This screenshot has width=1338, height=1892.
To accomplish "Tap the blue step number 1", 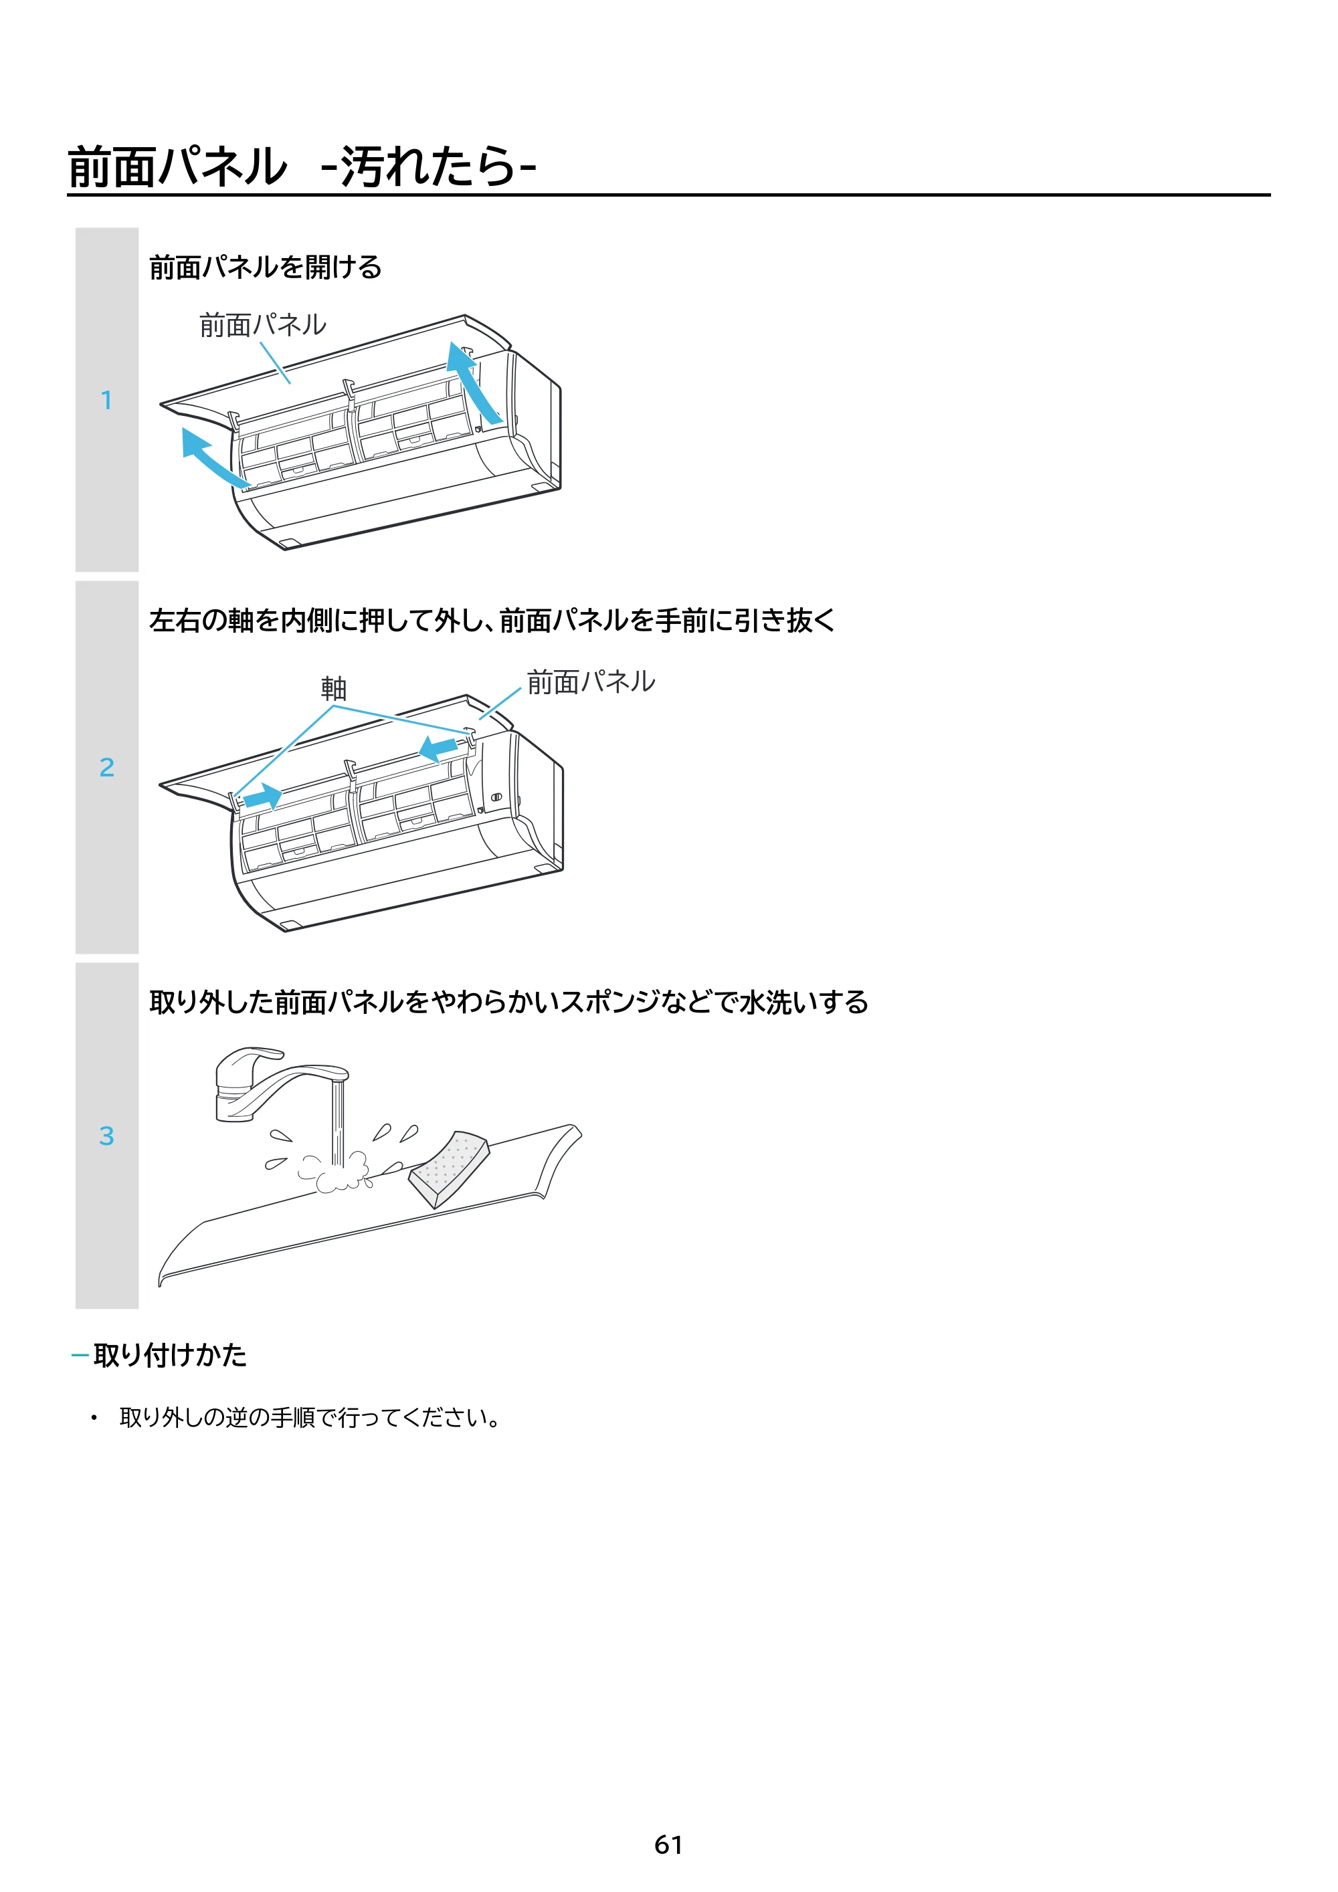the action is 106,401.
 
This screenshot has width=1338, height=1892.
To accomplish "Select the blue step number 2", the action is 106,767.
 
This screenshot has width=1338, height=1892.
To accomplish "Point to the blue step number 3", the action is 106,1136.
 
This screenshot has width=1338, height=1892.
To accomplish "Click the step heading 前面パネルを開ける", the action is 266,267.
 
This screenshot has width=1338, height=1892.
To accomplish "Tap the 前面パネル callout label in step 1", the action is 263,324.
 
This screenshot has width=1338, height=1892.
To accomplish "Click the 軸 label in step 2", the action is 334,688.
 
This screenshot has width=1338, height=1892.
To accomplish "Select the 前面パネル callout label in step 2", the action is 591,681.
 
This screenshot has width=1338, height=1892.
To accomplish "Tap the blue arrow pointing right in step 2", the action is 263,797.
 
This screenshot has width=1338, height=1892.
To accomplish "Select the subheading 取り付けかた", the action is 170,1355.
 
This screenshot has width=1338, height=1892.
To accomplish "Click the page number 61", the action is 668,1845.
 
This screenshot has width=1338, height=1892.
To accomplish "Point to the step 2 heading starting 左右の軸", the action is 492,620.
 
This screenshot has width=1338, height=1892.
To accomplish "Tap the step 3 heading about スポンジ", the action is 508,1002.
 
